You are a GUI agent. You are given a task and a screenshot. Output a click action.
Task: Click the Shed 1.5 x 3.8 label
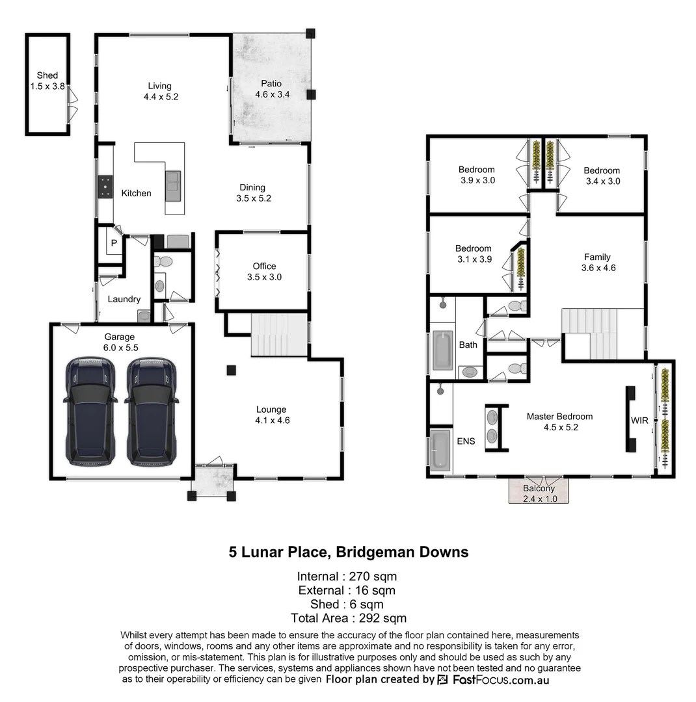pyautogui.click(x=47, y=81)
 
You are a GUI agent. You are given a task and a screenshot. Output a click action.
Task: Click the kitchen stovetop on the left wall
pyautogui.click(x=105, y=187)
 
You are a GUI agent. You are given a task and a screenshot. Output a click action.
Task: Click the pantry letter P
pyautogui.click(x=113, y=243)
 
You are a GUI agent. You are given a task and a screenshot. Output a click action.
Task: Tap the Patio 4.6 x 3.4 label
pyautogui.click(x=271, y=88)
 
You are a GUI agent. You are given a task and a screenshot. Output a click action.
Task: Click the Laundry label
pyautogui.click(x=124, y=299)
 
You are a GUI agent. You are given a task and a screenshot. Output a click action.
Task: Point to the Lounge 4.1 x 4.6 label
pyautogui.click(x=271, y=415)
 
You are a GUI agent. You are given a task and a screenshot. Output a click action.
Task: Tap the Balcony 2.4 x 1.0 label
pyautogui.click(x=539, y=493)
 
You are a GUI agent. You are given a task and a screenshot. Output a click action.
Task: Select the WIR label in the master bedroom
pyautogui.click(x=639, y=421)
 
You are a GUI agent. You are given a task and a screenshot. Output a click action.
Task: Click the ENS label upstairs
pyautogui.click(x=466, y=441)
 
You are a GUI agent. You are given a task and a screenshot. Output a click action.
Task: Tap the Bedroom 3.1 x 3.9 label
pyautogui.click(x=473, y=253)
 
